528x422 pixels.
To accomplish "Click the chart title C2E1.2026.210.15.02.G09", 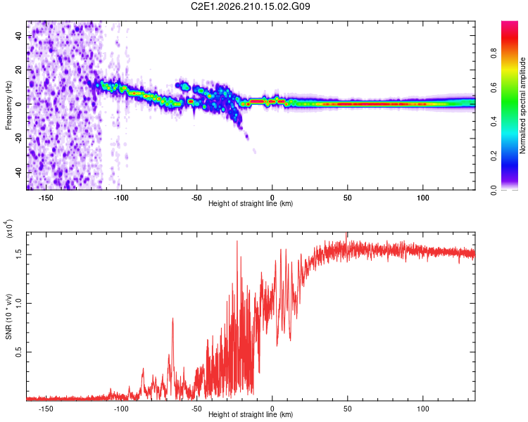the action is click(250, 6).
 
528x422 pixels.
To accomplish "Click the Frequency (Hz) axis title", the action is click(8, 105).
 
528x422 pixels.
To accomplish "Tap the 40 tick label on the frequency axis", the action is click(19, 36).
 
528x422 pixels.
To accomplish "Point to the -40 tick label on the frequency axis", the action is click(19, 172).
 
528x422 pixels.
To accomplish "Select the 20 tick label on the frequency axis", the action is click(19, 70).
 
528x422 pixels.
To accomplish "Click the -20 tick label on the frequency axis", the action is click(19, 139).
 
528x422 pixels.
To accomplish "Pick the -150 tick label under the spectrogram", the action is click(46, 198).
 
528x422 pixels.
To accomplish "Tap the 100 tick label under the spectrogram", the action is click(423, 198).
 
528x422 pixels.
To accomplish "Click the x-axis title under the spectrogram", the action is click(251, 203).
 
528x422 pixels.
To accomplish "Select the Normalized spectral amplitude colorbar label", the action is click(522, 105).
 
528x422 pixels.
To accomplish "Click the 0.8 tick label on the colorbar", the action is click(494, 53).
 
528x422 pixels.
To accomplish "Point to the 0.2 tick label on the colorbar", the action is click(494, 156).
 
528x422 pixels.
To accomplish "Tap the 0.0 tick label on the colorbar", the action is click(494, 190).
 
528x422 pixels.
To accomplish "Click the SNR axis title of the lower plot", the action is click(8, 316).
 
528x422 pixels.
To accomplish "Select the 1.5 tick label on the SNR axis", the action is click(19, 255).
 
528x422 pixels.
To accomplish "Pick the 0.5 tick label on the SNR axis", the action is click(19, 352).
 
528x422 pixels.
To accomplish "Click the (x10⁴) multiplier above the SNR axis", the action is click(8, 229).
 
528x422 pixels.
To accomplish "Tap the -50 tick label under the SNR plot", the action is click(196, 409).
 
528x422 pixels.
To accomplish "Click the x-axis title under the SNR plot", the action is click(251, 414).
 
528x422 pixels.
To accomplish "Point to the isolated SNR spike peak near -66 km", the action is click(172, 318).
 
